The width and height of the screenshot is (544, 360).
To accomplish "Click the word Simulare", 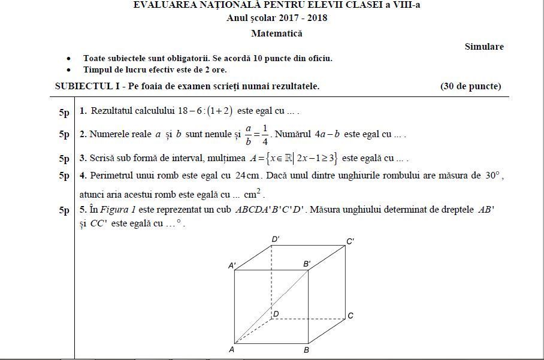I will [x=484, y=47].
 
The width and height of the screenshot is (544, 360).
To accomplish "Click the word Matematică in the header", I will [x=277, y=34].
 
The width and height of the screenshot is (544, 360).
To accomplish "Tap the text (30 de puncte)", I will [x=470, y=86].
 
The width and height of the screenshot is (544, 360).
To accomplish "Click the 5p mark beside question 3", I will [x=64, y=159].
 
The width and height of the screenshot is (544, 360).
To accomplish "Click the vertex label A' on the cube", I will [x=232, y=264].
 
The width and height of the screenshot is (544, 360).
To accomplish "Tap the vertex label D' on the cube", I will [x=276, y=240].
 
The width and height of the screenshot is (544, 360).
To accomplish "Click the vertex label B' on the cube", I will [x=307, y=264].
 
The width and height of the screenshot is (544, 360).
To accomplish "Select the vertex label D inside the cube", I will [x=276, y=314].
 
